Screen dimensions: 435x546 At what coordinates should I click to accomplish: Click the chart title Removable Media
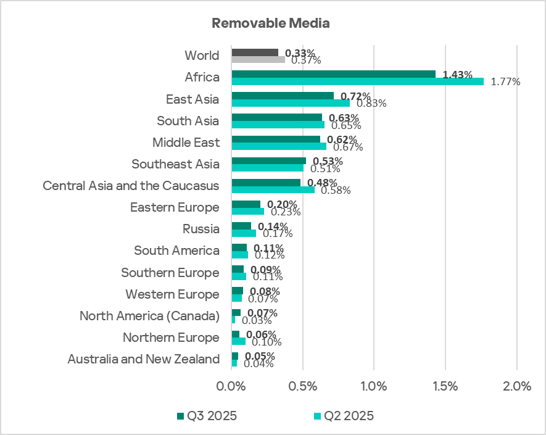(271, 23)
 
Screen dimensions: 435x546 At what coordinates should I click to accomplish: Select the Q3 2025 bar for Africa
(333, 73)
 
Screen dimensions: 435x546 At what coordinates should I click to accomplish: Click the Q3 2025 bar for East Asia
(282, 96)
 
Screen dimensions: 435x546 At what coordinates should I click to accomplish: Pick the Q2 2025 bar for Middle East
(278, 147)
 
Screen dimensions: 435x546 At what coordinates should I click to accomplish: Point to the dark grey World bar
(254, 52)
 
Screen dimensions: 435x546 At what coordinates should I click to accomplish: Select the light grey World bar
(258, 60)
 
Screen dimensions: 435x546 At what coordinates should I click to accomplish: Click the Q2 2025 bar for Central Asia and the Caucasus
(273, 190)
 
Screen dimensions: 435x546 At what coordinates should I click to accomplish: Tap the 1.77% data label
(506, 81)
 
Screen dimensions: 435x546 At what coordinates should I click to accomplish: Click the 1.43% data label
(457, 75)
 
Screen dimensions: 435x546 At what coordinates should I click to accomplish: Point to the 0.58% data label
(336, 190)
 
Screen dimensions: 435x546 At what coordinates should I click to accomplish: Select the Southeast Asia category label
(175, 164)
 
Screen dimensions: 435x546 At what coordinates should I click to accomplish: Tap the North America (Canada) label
(149, 316)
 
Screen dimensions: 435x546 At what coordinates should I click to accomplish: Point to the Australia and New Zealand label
(143, 359)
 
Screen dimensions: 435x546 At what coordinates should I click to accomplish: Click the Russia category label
(201, 229)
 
